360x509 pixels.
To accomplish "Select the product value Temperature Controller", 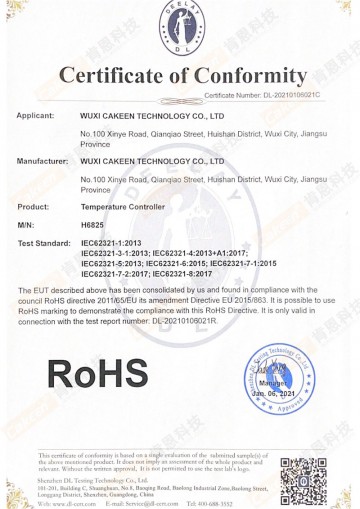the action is coord(122,206).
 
